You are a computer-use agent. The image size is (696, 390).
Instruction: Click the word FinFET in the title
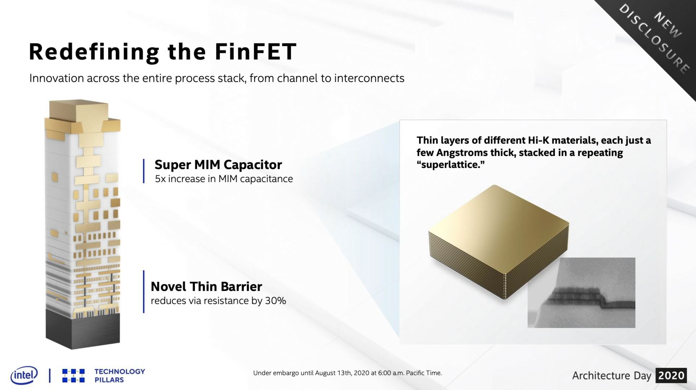(x=255, y=52)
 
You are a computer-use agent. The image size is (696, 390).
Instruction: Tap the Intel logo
(x=24, y=375)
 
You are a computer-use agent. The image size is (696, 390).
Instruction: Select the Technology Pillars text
(x=119, y=375)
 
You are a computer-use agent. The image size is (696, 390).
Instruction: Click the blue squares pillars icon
(x=73, y=375)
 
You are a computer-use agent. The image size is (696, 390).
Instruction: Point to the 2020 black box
(x=671, y=375)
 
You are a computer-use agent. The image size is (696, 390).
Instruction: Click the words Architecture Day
(x=611, y=375)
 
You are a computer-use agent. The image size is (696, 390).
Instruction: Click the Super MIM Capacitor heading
(x=218, y=165)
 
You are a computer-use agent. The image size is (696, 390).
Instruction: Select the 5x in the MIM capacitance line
(x=160, y=179)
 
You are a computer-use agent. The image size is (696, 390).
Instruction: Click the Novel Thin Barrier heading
(x=206, y=287)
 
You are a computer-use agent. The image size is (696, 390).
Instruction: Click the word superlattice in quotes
(x=450, y=165)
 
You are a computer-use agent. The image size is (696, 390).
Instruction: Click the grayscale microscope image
(x=581, y=292)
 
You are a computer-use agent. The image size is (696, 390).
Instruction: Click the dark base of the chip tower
(x=83, y=328)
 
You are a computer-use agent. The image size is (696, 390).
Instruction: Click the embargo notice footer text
(x=347, y=373)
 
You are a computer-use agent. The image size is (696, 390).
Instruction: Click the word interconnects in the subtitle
(x=369, y=78)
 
